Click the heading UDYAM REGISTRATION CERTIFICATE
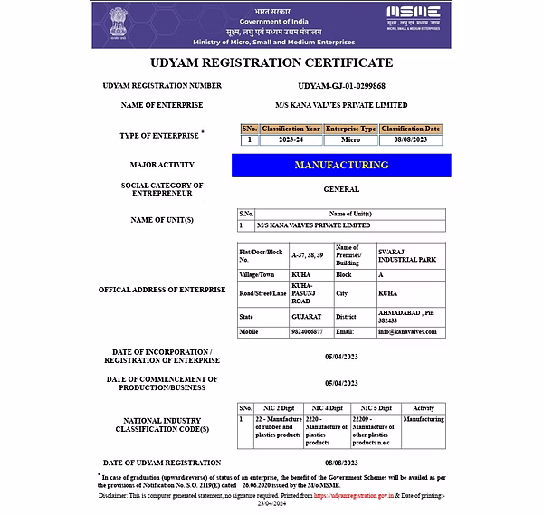[271, 63]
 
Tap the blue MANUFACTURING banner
[341, 165]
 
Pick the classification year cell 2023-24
[291, 139]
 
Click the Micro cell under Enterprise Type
[350, 139]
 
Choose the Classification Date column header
[410, 129]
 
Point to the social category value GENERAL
[341, 189]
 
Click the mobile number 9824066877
[306, 332]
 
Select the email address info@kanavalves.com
[407, 332]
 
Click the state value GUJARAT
[306, 316]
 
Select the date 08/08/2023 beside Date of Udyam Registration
[341, 463]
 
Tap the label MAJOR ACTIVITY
[163, 165]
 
